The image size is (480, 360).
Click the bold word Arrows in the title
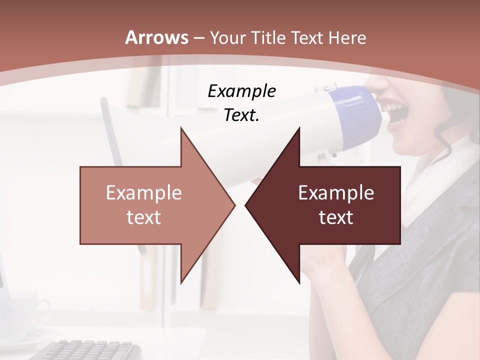click(156, 37)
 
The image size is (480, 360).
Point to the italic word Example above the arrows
click(241, 91)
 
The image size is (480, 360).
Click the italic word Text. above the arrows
click(241, 115)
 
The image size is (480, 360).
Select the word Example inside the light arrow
click(143, 193)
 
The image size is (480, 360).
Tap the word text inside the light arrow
click(143, 217)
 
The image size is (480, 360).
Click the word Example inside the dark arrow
click(336, 193)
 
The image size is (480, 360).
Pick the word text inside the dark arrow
click(336, 217)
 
